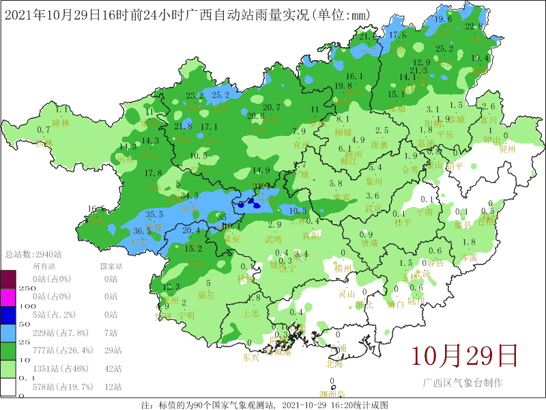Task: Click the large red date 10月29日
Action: coord(463,355)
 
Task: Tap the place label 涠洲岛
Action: coord(332,394)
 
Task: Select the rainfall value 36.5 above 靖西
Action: coord(142,231)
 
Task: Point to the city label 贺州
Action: coord(507,148)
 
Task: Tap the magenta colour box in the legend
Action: coord(8,297)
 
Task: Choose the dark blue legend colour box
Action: coord(8,314)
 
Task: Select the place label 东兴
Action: coord(251,357)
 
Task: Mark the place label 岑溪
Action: coord(468,257)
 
